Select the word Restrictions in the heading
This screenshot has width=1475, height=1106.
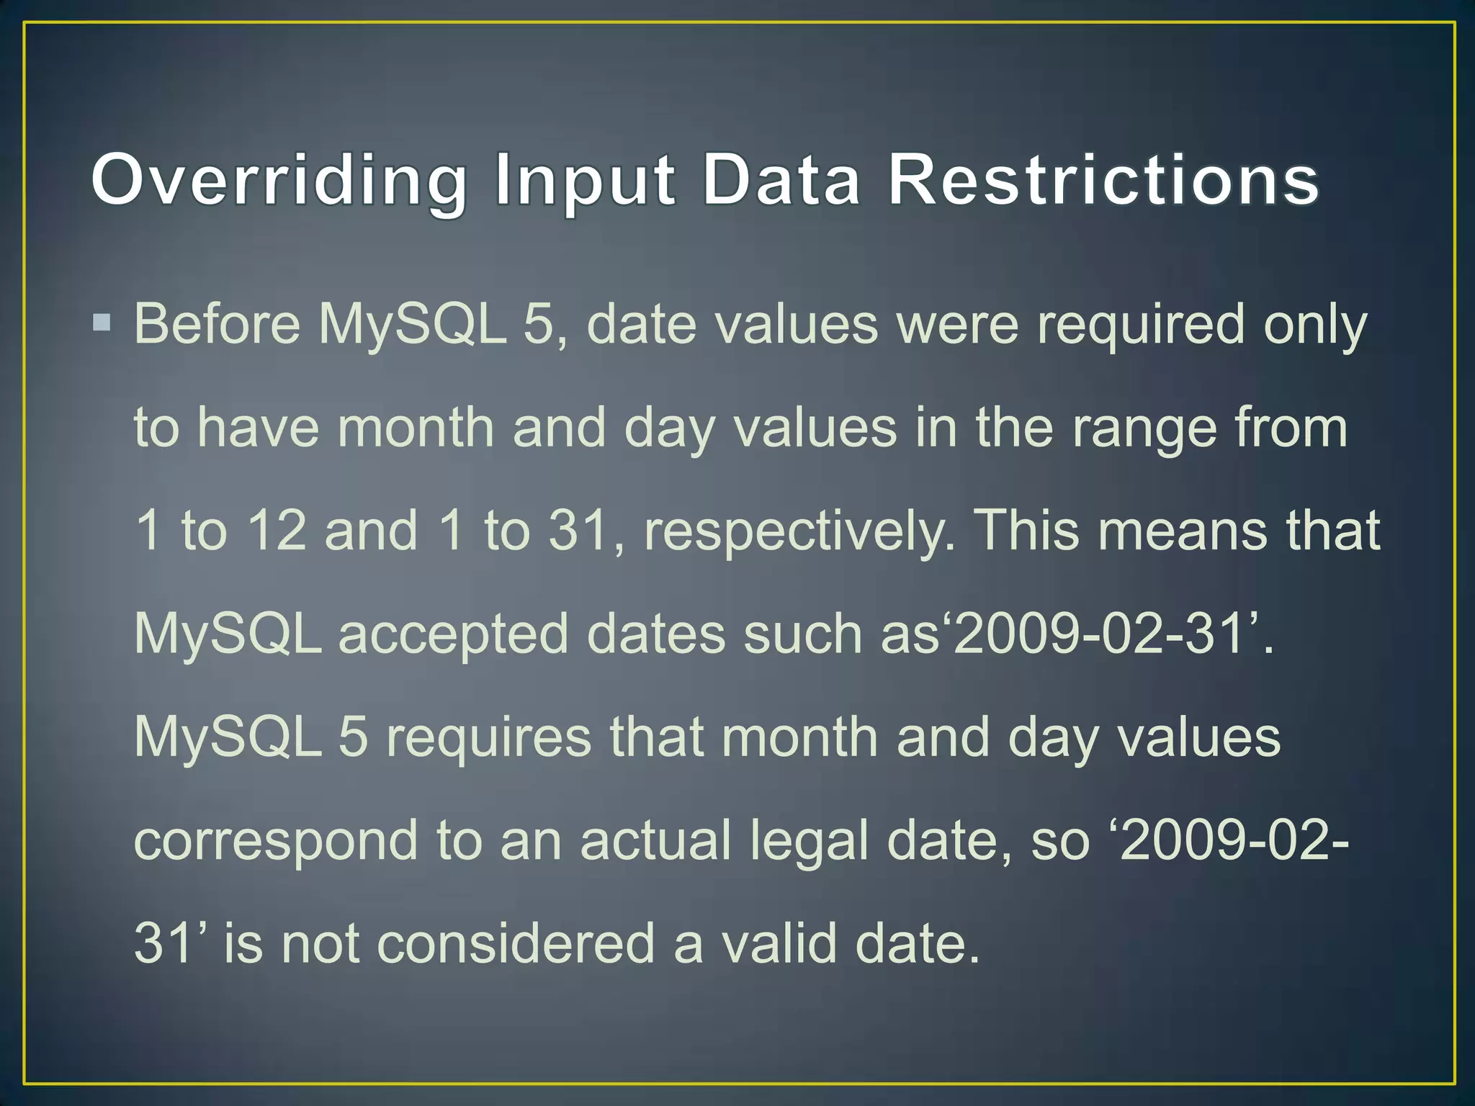tap(1103, 180)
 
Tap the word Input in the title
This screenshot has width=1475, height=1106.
tap(584, 180)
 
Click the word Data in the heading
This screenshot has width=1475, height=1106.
tap(781, 180)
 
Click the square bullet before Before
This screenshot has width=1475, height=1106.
tap(102, 322)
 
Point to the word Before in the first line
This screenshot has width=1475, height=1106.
tap(217, 324)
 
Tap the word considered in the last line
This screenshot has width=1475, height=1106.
tap(516, 944)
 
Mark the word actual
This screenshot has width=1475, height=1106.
tap(655, 841)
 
